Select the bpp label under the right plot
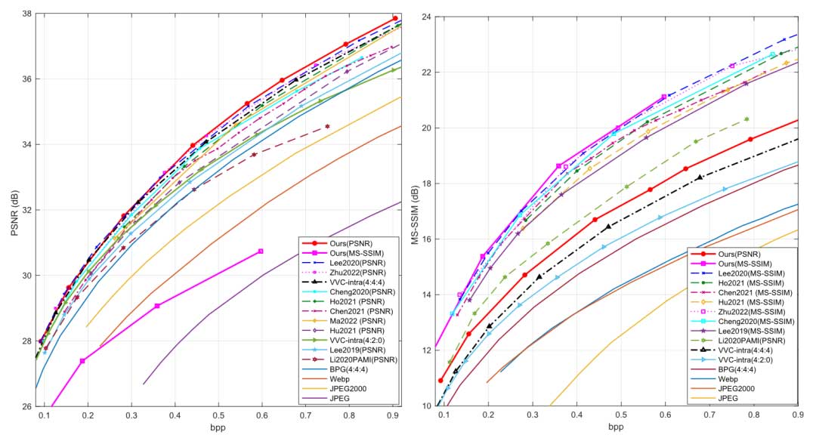pyautogui.click(x=616, y=427)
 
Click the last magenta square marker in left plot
pyautogui.click(x=261, y=251)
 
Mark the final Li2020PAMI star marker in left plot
pyautogui.click(x=327, y=126)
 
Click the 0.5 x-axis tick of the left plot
pyautogui.click(x=262, y=416)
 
